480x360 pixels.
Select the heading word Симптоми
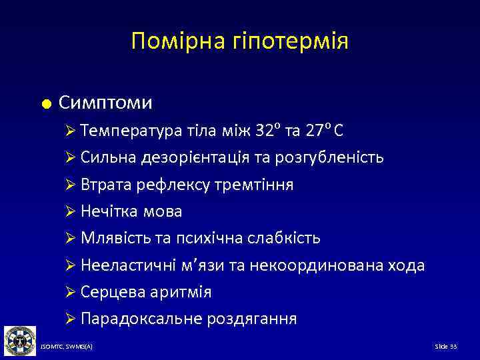click(105, 103)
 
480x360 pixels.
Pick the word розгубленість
click(335, 157)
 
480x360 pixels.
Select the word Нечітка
click(107, 211)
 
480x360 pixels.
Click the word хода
click(402, 265)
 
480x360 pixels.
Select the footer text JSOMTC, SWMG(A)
click(66, 347)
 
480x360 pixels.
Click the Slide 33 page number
click(445, 347)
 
